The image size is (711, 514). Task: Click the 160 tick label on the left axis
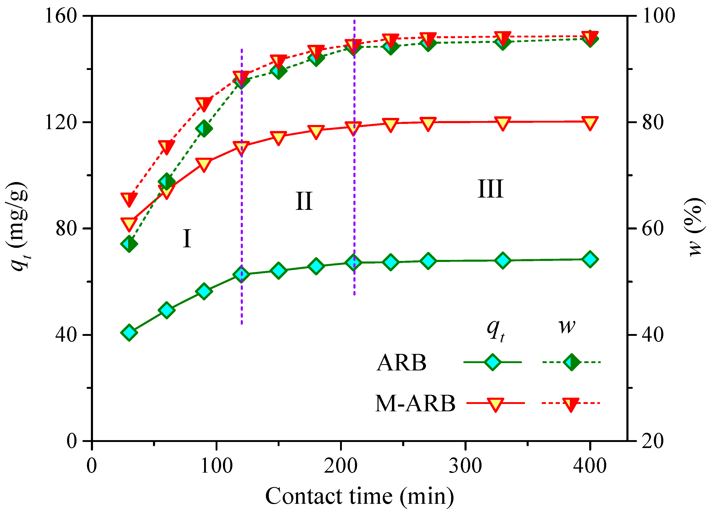click(61, 16)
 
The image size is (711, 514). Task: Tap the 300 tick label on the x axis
click(465, 466)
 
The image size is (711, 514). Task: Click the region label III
click(490, 189)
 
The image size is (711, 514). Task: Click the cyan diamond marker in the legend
click(492, 362)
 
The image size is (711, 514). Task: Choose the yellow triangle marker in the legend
click(495, 404)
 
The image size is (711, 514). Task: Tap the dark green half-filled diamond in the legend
click(571, 362)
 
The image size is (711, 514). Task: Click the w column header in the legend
click(567, 327)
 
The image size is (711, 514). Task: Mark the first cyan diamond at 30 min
click(129, 332)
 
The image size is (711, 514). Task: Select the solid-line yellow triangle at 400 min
click(590, 123)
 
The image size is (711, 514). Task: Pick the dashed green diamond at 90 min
click(204, 128)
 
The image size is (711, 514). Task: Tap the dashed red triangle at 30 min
click(129, 199)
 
